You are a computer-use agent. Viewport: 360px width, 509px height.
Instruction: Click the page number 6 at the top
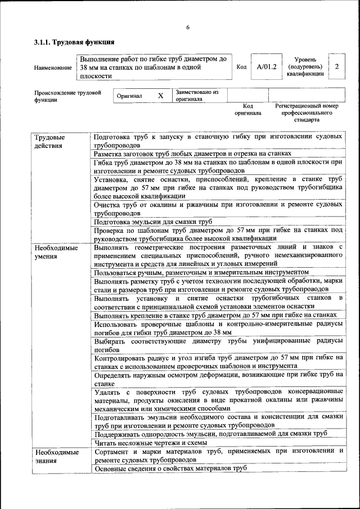click(188, 28)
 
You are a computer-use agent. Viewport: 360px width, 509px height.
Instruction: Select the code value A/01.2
click(267, 67)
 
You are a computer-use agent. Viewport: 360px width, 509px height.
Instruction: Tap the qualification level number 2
click(336, 67)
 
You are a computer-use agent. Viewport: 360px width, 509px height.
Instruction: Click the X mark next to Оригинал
click(160, 96)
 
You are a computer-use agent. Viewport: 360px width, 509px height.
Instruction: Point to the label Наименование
click(53, 67)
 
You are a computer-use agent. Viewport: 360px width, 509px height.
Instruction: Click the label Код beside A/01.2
click(241, 67)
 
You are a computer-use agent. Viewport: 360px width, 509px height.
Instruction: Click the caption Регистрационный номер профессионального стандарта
click(307, 112)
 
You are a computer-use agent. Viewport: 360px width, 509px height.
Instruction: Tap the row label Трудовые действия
click(49, 141)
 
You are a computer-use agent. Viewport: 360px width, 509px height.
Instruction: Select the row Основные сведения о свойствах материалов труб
click(170, 468)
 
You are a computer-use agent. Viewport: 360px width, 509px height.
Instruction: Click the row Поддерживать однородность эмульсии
click(210, 434)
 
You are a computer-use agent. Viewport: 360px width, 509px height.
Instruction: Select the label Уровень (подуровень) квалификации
click(305, 66)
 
